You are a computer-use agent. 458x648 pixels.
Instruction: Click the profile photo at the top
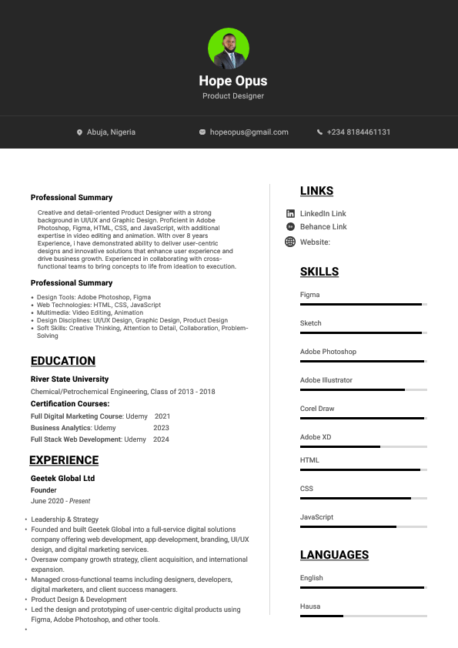click(x=229, y=48)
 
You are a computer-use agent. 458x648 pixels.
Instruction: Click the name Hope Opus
click(x=233, y=81)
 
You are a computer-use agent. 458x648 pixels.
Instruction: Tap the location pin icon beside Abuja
click(x=79, y=132)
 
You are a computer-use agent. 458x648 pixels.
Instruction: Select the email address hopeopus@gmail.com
click(x=249, y=132)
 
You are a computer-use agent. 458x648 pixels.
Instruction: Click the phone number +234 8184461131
click(x=359, y=132)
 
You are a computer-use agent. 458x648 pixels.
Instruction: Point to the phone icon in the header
click(x=319, y=132)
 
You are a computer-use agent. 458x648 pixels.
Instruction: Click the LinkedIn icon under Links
click(x=290, y=213)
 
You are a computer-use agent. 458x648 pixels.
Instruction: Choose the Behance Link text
click(x=323, y=227)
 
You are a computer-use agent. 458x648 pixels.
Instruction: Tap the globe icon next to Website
click(x=290, y=242)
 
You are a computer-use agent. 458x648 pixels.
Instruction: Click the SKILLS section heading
click(x=319, y=272)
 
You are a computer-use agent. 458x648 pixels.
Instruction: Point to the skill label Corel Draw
click(x=317, y=409)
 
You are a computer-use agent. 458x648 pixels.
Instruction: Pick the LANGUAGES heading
click(x=334, y=555)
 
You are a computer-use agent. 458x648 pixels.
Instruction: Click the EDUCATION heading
click(x=63, y=361)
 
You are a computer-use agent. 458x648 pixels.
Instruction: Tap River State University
click(x=69, y=379)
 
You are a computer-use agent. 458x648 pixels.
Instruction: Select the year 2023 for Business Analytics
click(x=161, y=428)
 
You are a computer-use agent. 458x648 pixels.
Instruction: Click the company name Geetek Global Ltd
click(x=62, y=479)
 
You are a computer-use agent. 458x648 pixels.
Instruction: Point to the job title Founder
click(x=44, y=490)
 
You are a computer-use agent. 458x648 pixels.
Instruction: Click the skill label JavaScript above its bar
click(x=316, y=517)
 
